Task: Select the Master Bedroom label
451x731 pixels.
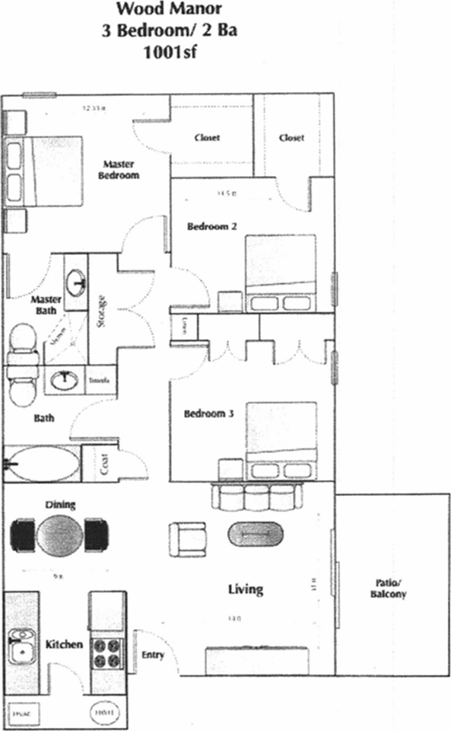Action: click(121, 169)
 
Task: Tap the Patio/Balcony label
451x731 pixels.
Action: click(391, 588)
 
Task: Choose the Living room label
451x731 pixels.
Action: click(246, 589)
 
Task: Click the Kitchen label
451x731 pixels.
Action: click(64, 644)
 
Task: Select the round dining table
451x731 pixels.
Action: click(59, 535)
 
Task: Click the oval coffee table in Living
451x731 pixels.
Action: click(255, 534)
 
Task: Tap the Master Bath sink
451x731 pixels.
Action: click(76, 283)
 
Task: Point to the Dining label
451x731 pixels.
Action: click(60, 504)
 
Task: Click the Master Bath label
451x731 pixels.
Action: click(46, 305)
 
